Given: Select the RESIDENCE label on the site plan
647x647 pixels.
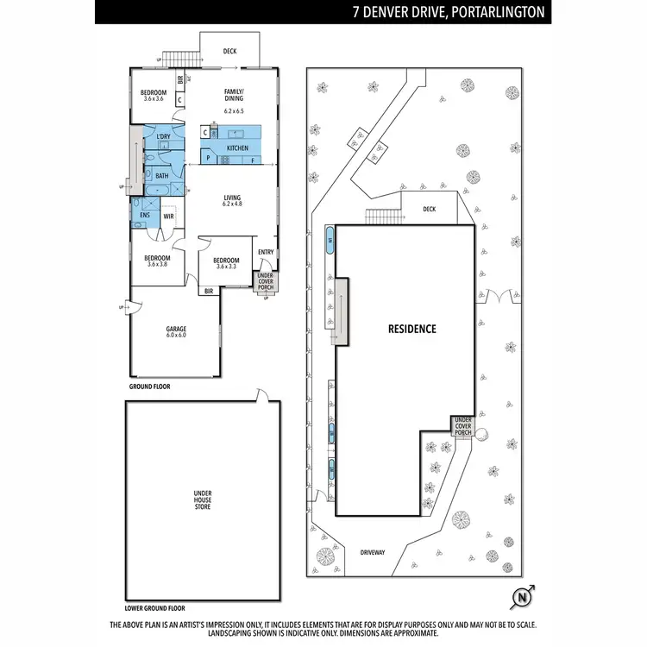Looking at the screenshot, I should point(411,329).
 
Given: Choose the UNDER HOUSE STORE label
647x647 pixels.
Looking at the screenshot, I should point(202,499).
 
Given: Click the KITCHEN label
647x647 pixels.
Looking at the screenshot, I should point(237,148).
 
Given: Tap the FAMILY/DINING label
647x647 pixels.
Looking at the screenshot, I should point(234,96).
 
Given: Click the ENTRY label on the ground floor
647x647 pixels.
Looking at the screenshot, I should point(265,252).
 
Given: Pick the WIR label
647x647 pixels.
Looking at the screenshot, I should point(168,217).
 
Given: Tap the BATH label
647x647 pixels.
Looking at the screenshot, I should point(161,176).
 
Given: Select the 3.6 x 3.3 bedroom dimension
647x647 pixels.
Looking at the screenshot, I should point(226,267).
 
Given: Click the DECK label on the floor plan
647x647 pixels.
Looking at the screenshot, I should point(229,52).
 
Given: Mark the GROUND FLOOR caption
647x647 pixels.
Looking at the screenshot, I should point(149,387).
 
